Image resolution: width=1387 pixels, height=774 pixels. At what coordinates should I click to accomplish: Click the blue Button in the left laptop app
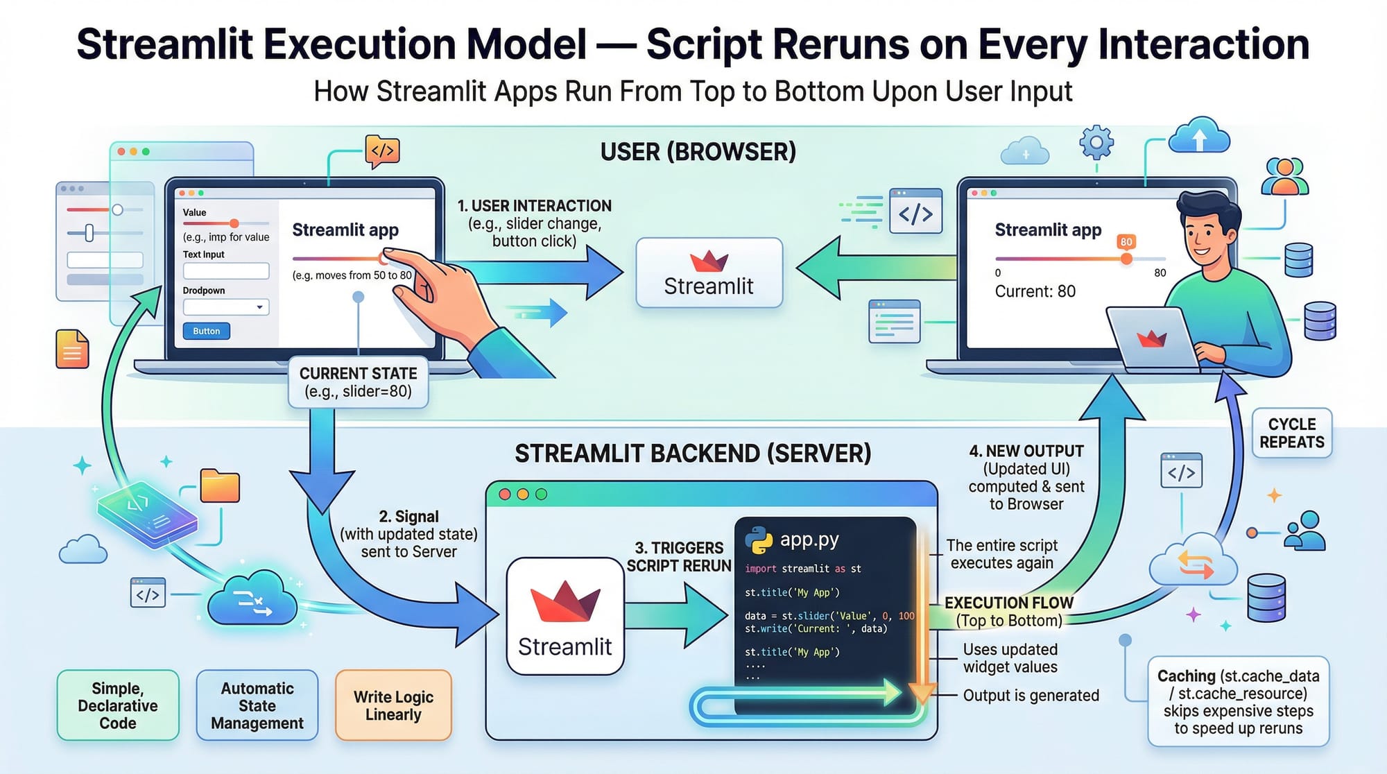[206, 331]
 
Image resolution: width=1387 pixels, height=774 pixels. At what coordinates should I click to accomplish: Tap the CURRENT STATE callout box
[358, 382]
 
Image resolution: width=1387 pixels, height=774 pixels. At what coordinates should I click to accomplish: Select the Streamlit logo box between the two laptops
[709, 273]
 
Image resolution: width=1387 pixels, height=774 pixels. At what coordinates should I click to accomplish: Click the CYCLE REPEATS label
[1291, 433]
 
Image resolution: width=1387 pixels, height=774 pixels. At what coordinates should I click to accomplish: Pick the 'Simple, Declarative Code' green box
[118, 705]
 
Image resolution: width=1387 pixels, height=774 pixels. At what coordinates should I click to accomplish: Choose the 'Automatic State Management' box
[257, 705]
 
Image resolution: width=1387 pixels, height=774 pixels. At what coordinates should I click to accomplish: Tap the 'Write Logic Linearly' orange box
[393, 705]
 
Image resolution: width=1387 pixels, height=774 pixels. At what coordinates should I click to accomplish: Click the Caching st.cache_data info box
[1238, 701]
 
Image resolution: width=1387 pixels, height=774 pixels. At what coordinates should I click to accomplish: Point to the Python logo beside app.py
[759, 540]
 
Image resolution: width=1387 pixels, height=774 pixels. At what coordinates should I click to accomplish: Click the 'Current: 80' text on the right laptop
[1035, 291]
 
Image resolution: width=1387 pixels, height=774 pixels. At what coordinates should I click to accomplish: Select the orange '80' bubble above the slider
[1126, 242]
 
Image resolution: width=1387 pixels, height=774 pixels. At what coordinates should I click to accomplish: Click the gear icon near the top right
[1096, 143]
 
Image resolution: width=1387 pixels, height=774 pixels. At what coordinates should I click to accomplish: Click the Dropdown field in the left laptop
[226, 307]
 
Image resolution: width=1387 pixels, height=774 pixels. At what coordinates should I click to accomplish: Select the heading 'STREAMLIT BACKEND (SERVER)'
[693, 454]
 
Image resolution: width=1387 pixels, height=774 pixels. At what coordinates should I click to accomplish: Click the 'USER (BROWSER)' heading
[698, 152]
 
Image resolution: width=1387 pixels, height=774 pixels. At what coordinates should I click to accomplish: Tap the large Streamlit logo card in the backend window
[565, 617]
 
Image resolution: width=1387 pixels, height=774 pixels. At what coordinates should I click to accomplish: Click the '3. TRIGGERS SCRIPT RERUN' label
[678, 557]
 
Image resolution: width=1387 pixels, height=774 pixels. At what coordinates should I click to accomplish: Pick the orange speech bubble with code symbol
[382, 150]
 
